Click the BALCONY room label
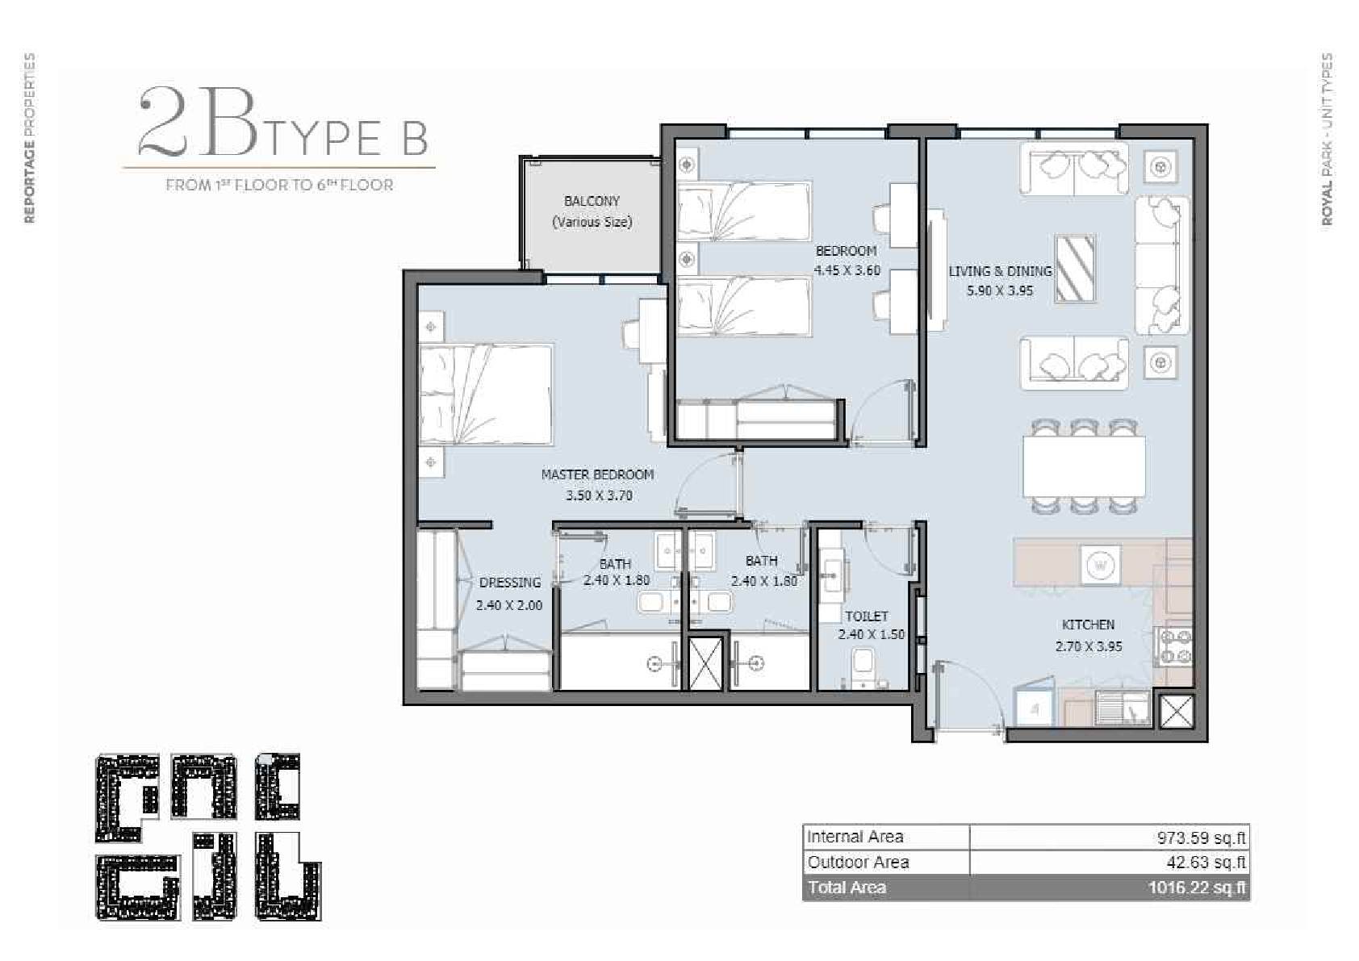pos(592,201)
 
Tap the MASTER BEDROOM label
pos(598,475)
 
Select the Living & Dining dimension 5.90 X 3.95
pos(1000,290)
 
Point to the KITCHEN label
pos(1088,625)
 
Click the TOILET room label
pos(867,616)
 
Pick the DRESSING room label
pos(510,583)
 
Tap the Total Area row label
pos(847,888)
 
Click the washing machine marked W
pos(1100,566)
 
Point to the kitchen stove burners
pos(1176,647)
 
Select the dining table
pos(1084,467)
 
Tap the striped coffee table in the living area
pos(1075,269)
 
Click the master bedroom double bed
pos(486,395)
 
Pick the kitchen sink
pos(1123,708)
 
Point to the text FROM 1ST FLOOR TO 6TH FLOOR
pos(280,185)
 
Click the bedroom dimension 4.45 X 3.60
pos(847,270)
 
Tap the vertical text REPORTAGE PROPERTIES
pos(30,138)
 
